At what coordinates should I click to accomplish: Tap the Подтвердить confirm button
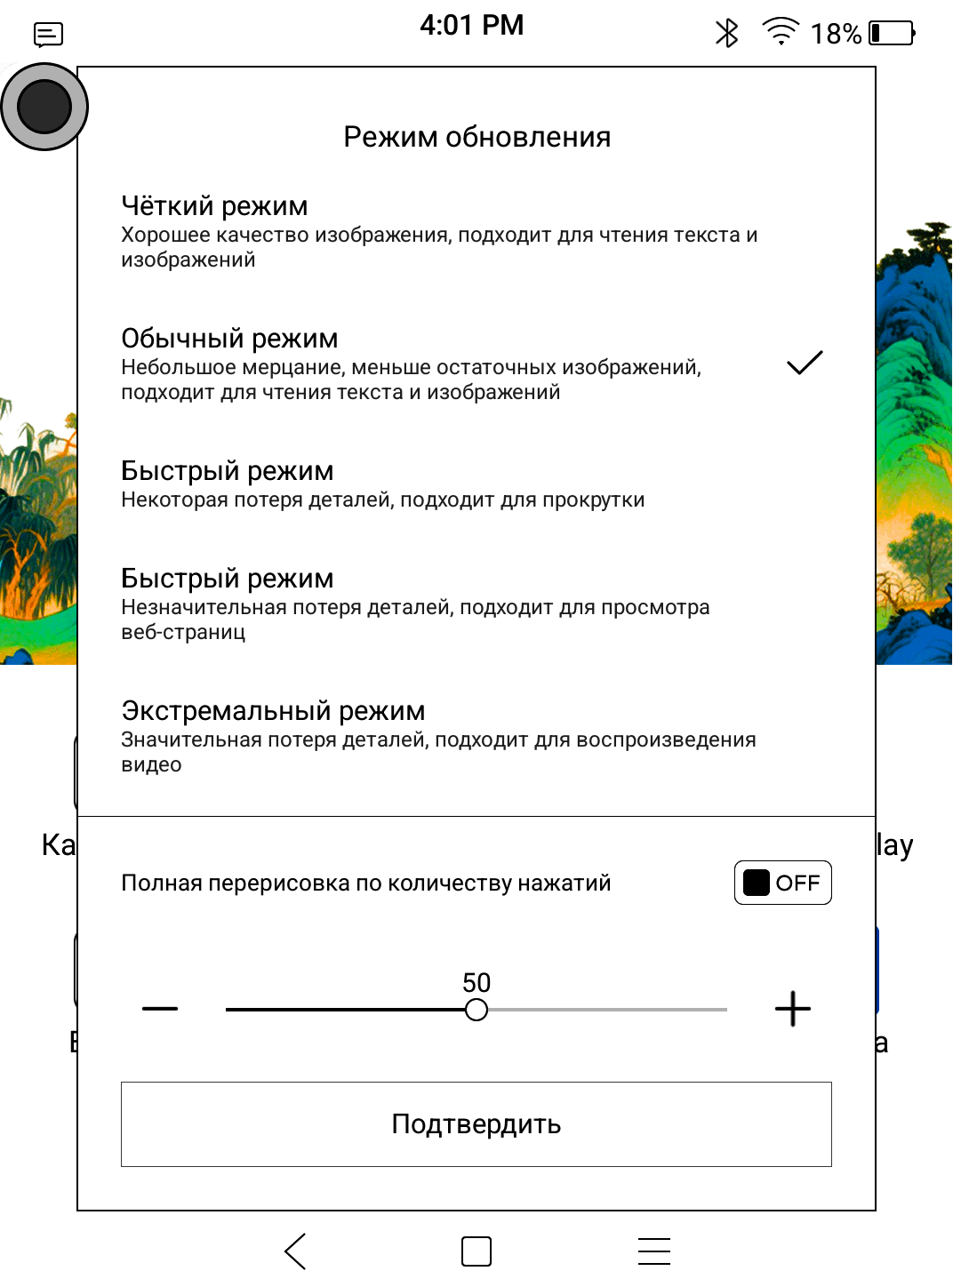pyautogui.click(x=476, y=1123)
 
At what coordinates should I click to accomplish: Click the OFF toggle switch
pyautogui.click(x=782, y=883)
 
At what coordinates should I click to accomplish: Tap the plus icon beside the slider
pyautogui.click(x=792, y=1009)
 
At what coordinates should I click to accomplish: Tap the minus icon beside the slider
pyautogui.click(x=160, y=1009)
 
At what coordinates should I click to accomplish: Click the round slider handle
pyautogui.click(x=476, y=1010)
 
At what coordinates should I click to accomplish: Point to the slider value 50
pyautogui.click(x=476, y=982)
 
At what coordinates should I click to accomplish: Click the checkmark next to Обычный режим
pyautogui.click(x=805, y=363)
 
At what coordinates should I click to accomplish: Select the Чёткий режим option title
pyautogui.click(x=214, y=205)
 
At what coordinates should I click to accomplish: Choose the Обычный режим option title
pyautogui.click(x=229, y=338)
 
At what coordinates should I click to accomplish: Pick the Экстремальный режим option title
pyautogui.click(x=273, y=710)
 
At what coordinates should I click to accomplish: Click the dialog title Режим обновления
pyautogui.click(x=476, y=137)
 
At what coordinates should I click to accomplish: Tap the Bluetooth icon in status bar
pyautogui.click(x=727, y=34)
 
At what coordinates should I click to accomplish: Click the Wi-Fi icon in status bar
pyautogui.click(x=781, y=32)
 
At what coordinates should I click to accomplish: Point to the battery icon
pyautogui.click(x=891, y=34)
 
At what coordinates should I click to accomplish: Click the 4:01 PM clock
pyautogui.click(x=471, y=25)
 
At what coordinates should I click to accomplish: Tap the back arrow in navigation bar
pyautogui.click(x=296, y=1251)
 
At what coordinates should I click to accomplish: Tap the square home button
pyautogui.click(x=476, y=1251)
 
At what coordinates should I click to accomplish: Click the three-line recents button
pyautogui.click(x=653, y=1251)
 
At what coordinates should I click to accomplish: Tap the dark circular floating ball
pyautogui.click(x=44, y=107)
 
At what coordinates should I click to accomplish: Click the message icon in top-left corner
pyautogui.click(x=48, y=35)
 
